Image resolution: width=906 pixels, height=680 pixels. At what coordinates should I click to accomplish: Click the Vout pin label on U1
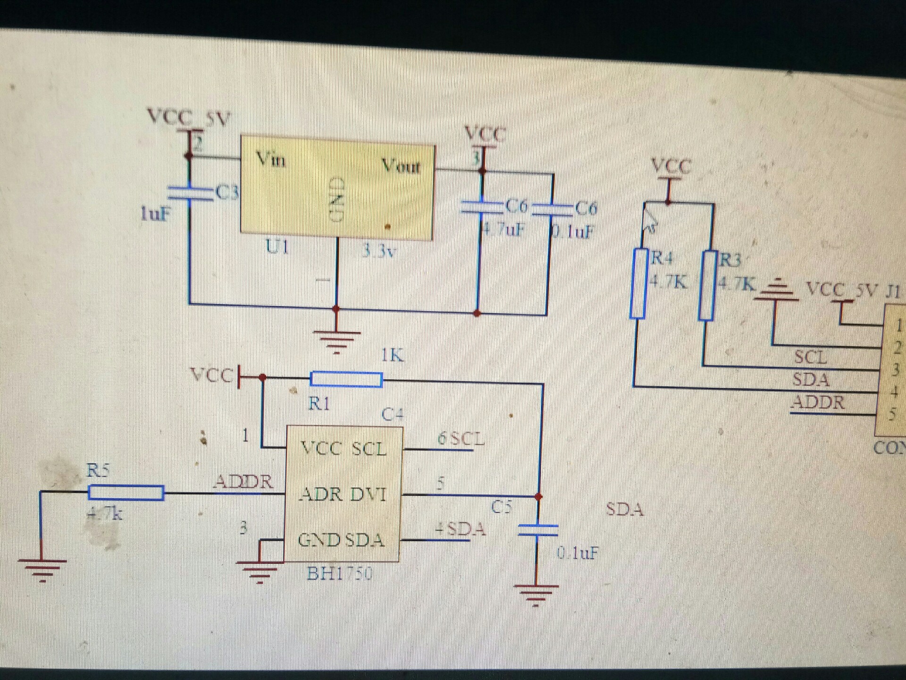click(401, 166)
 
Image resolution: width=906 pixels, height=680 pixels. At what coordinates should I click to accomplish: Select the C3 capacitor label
click(227, 193)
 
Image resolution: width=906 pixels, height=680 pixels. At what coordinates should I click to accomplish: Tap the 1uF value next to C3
click(155, 214)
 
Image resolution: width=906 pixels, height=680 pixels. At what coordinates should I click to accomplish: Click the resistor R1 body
click(346, 379)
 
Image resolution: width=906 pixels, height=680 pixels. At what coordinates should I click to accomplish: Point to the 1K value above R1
click(392, 355)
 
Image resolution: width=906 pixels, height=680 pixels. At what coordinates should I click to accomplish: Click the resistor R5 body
click(126, 493)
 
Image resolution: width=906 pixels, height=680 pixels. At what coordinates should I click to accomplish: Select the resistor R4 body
click(638, 283)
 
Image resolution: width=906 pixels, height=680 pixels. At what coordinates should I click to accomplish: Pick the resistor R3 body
click(707, 285)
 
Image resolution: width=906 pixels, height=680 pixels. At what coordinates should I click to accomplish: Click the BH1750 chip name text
click(339, 574)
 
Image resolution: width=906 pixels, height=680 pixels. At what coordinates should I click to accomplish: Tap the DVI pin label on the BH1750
click(368, 494)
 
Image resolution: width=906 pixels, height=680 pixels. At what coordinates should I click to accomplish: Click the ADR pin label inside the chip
click(321, 494)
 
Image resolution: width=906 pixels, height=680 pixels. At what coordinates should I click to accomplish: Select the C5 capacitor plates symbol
click(538, 530)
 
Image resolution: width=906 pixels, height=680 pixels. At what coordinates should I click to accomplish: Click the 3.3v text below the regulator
click(378, 251)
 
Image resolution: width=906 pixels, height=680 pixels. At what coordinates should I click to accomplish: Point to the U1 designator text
click(277, 246)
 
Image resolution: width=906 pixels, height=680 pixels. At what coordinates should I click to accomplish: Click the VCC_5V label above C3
click(188, 117)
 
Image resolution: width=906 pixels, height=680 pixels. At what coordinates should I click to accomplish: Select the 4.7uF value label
click(503, 230)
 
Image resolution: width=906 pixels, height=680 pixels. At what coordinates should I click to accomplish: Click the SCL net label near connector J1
click(810, 357)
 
